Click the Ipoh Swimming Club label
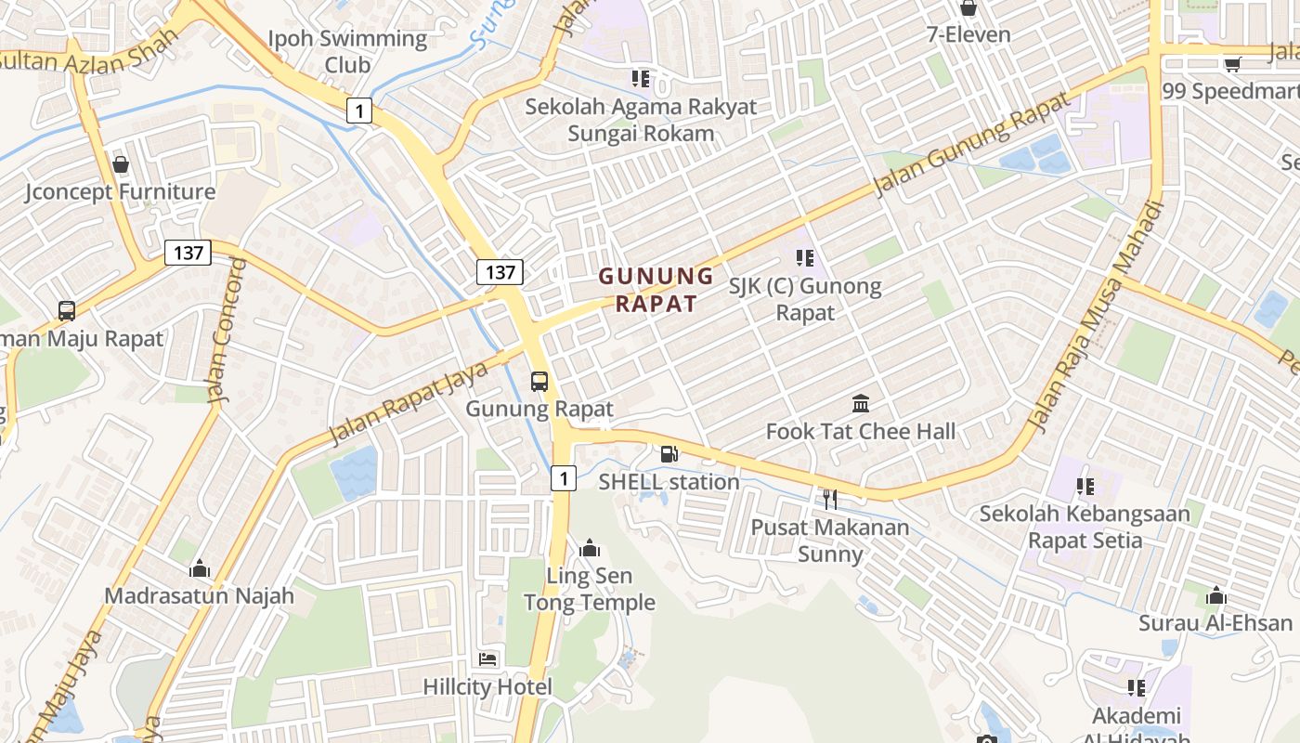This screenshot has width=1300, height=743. click(x=347, y=52)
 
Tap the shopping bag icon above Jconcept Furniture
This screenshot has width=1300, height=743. click(x=121, y=164)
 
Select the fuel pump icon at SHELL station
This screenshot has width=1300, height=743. click(x=669, y=453)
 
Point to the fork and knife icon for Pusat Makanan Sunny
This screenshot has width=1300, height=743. click(x=830, y=500)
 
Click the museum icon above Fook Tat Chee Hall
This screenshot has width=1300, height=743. click(x=861, y=404)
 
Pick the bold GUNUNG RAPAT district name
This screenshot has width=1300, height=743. click(x=656, y=290)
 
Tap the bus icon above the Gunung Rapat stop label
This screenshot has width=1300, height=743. click(x=539, y=381)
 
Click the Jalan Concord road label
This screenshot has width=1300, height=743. click(x=228, y=331)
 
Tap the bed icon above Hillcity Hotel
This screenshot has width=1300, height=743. click(x=487, y=659)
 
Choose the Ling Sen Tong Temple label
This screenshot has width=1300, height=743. click(x=590, y=589)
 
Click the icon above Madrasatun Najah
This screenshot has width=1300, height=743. click(x=200, y=568)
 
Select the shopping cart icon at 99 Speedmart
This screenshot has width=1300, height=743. click(x=1232, y=64)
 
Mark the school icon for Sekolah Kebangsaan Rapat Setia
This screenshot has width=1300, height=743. click(x=1085, y=486)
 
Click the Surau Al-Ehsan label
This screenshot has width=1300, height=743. click(x=1215, y=623)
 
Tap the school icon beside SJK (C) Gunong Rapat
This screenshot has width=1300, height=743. click(x=804, y=257)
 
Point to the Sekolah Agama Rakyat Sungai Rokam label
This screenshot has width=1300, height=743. click(x=641, y=120)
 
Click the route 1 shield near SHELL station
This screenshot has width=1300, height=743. click(x=563, y=478)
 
